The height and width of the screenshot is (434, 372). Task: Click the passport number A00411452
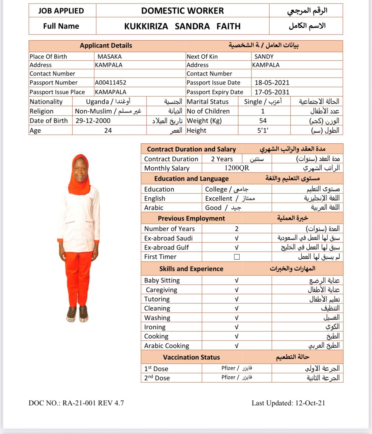click(x=110, y=83)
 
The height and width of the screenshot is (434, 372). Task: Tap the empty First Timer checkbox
click(x=237, y=257)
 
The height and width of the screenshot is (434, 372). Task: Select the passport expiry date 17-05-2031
click(x=272, y=92)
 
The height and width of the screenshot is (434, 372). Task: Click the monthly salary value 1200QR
click(x=237, y=168)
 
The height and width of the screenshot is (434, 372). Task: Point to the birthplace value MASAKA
click(x=109, y=57)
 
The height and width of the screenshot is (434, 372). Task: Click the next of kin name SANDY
click(x=264, y=57)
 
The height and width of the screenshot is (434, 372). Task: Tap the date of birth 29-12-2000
click(x=93, y=121)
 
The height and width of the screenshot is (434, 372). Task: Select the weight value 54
click(x=263, y=121)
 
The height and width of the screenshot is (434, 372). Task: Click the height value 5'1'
click(x=263, y=131)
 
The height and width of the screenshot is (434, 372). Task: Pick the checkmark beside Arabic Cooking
click(x=236, y=346)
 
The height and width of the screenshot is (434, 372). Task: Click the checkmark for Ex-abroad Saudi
click(x=236, y=238)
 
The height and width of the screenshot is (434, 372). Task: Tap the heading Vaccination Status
click(x=191, y=357)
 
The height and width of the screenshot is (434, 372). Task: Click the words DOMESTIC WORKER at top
click(x=182, y=11)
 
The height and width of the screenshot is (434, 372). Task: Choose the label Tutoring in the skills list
click(x=157, y=299)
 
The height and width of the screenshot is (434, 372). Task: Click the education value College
click(x=216, y=189)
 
